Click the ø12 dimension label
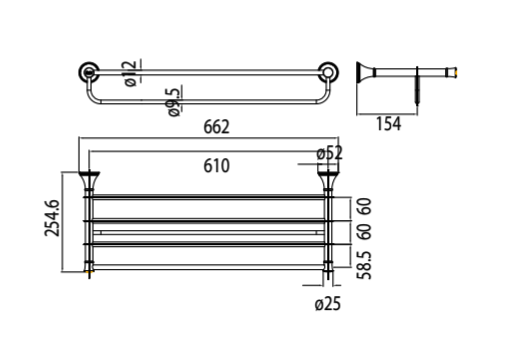(130, 74)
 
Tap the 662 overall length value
(216, 127)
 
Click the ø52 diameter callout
(329, 154)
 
